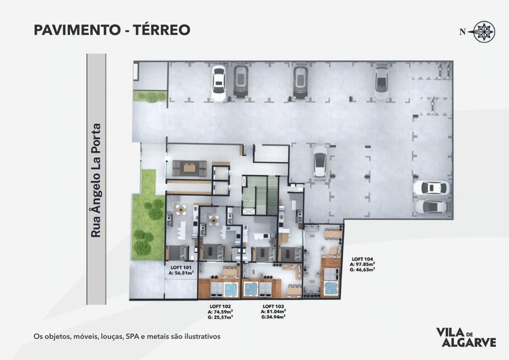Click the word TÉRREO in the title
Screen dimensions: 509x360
161,30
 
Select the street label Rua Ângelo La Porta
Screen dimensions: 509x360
96,180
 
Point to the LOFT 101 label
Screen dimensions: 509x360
181,268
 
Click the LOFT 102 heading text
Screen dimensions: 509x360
220,307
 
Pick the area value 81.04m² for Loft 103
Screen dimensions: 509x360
276,312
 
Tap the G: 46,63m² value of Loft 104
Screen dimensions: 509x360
362,270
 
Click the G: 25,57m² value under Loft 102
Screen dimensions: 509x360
220,317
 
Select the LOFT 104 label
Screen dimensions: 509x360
362,259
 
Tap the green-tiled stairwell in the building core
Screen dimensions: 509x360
260,195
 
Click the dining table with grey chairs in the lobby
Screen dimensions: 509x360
190,168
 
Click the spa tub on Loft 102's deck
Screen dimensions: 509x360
231,290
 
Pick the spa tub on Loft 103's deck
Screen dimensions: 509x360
251,289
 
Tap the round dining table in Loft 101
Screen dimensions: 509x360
181,209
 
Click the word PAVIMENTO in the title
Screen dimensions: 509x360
77,30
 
